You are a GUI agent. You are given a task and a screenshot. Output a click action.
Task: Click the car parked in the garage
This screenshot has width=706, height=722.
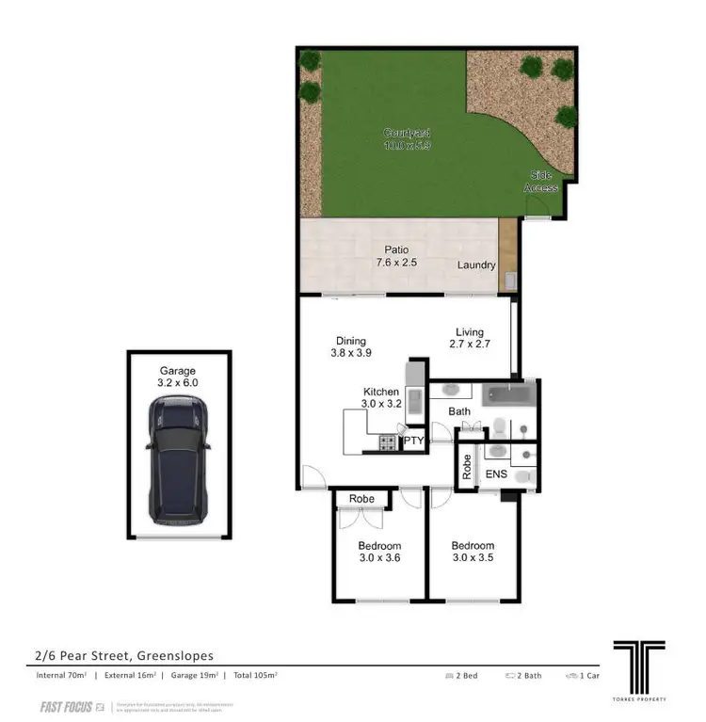click(179, 459)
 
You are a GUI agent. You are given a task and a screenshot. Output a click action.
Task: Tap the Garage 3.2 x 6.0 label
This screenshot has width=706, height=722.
click(177, 377)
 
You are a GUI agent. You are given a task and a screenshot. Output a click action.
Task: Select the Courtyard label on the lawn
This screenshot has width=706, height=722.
click(407, 139)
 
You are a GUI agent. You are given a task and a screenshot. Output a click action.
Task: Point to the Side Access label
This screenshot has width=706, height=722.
click(542, 182)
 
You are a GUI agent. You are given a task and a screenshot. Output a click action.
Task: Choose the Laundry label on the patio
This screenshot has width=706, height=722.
click(476, 265)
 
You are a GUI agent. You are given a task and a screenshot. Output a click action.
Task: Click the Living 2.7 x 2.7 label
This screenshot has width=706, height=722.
click(469, 339)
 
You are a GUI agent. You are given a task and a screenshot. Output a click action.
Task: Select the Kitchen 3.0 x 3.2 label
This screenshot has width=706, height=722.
click(381, 398)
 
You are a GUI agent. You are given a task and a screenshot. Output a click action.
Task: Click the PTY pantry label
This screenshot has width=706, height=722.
click(414, 441)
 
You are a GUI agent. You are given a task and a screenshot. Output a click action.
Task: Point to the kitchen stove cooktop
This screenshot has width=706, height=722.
click(388, 442)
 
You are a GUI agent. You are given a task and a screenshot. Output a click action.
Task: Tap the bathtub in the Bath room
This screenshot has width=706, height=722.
click(508, 394)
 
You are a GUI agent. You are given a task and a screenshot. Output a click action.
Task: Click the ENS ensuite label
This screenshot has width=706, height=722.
click(496, 474)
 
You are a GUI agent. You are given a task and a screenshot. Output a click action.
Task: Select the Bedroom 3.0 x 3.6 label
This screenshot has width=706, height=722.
click(379, 553)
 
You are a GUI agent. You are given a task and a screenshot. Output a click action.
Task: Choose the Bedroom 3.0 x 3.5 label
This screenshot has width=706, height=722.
click(472, 553)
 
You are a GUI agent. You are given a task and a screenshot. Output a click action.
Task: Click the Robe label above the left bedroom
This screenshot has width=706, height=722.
click(361, 499)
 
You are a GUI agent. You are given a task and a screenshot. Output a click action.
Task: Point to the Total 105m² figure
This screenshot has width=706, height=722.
click(254, 676)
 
